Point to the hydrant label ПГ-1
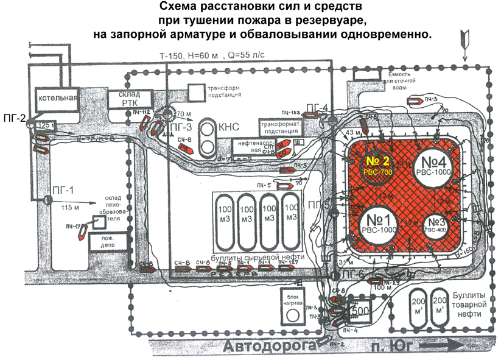tap(63, 189)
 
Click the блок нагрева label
tap(292, 299)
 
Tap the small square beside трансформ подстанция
tap(196, 93)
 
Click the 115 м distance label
tap(72, 206)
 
